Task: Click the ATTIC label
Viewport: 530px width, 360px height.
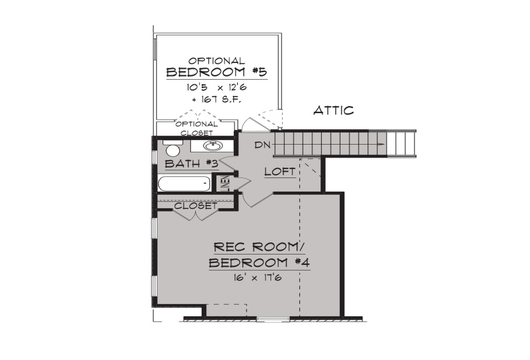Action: coord(333,111)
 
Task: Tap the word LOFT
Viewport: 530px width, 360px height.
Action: coord(280,172)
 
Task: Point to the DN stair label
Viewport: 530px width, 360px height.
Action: coord(261,145)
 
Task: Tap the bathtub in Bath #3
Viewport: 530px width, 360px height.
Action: coord(184,184)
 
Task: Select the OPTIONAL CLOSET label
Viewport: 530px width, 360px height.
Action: coord(196,128)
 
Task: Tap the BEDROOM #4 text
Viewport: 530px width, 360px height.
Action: coord(260,263)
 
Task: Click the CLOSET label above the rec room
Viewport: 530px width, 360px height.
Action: coord(195,206)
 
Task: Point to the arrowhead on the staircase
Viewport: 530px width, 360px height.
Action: coord(382,144)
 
